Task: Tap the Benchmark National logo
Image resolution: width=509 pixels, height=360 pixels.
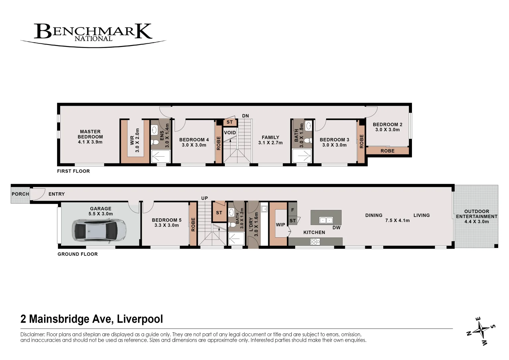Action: click(93, 35)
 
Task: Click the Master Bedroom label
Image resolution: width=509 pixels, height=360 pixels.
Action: click(90, 137)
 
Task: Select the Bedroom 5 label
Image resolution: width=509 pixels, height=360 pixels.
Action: click(166, 223)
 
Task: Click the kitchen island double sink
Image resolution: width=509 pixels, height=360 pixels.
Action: click(326, 220)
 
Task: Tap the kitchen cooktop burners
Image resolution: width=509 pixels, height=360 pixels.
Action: click(315, 242)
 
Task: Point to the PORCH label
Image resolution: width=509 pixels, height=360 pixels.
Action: click(20, 194)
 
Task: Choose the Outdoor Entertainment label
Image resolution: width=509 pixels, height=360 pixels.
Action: click(477, 216)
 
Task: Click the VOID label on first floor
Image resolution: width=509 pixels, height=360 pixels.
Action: click(230, 133)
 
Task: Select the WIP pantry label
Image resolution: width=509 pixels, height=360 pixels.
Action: click(281, 225)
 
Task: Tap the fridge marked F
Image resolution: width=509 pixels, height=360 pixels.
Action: click(293, 210)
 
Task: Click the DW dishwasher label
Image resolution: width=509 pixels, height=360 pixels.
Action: click(337, 228)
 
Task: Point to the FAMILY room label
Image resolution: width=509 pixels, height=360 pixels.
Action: click(271, 137)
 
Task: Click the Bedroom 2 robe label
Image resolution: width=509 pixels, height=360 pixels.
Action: click(388, 151)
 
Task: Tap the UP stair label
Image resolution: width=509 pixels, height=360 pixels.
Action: click(204, 198)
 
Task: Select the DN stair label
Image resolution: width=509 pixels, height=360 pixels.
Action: click(245, 116)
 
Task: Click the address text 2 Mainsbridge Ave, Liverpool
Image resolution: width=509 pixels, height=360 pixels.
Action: click(92, 319)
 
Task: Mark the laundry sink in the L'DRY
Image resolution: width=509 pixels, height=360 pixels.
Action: click(264, 209)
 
